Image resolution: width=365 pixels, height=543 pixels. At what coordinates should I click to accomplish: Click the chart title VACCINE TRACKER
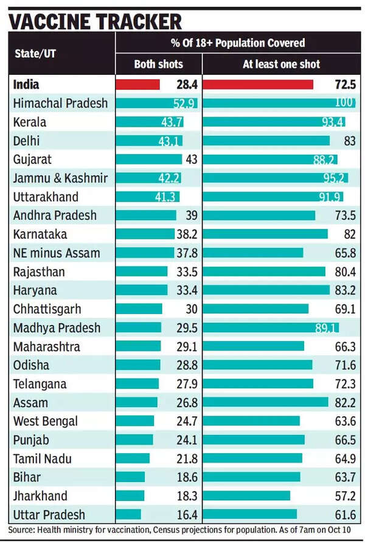[95, 21]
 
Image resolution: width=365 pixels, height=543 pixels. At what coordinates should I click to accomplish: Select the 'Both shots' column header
[158, 65]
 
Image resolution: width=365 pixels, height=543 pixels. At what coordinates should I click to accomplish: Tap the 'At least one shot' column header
[281, 65]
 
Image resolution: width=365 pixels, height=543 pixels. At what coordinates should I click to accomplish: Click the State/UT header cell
[35, 53]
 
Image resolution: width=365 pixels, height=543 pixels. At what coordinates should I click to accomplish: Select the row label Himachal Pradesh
[60, 103]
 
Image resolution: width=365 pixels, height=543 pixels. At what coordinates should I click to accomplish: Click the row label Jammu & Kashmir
[60, 178]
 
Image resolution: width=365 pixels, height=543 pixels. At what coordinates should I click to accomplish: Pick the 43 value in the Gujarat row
[190, 159]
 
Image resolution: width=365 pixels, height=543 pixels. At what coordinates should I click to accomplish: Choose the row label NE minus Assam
[57, 253]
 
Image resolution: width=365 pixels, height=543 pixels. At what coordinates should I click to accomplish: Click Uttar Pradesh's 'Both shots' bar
[128, 514]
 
